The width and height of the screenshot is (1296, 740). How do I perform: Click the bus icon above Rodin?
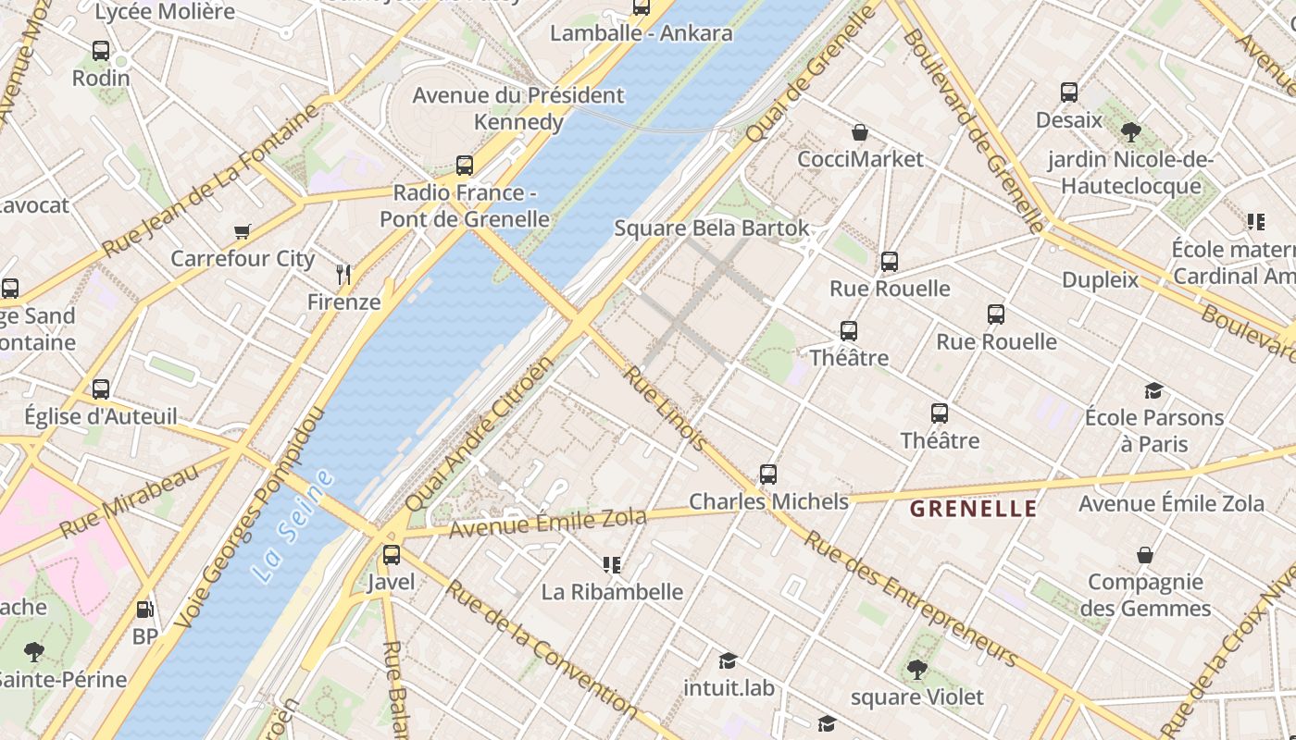101,51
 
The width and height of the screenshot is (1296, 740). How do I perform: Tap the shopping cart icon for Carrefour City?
243,232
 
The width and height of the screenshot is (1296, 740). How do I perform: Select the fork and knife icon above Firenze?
343,274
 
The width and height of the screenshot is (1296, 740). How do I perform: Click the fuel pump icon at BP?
144,610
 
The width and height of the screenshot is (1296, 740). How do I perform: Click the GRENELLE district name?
973,509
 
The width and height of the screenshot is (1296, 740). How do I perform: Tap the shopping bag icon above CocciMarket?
860,132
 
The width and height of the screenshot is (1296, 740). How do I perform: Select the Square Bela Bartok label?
711,228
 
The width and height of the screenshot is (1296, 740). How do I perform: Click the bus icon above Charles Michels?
767,475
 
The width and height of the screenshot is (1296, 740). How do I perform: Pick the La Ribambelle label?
612,592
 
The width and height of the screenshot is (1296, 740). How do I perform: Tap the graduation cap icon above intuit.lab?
729,660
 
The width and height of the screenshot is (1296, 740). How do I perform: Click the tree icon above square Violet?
916,669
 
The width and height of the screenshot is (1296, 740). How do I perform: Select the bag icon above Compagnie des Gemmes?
1145,555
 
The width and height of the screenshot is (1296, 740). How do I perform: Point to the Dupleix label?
1100,279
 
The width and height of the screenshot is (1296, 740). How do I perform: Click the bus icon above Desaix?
1069,92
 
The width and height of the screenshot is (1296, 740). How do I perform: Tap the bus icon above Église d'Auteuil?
101,389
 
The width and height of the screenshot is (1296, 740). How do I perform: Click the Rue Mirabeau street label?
130,501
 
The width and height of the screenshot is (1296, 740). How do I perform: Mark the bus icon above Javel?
392,555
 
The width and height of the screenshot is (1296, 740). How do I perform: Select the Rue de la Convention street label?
542,647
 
